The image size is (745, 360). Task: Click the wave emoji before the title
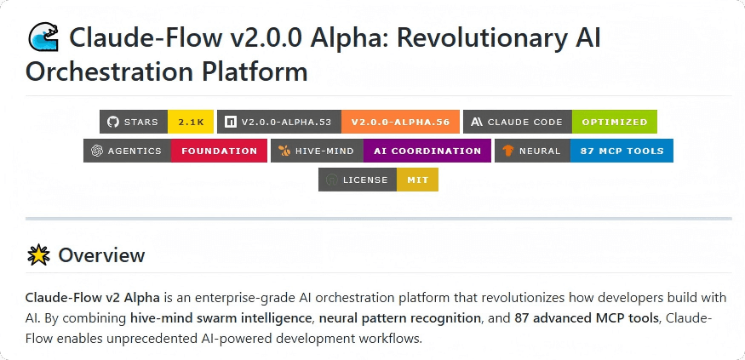tap(43, 37)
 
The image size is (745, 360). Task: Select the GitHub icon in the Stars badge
tap(112, 122)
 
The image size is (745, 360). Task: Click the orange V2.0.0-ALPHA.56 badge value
tap(400, 122)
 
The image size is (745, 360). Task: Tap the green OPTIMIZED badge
tap(614, 122)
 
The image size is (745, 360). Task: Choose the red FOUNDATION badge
tap(219, 151)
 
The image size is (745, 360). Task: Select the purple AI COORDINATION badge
tap(427, 151)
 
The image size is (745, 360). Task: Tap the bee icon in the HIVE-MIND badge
tap(284, 151)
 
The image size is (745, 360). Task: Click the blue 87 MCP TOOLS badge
tap(622, 151)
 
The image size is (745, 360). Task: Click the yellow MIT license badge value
tap(417, 180)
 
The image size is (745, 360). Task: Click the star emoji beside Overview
tap(38, 255)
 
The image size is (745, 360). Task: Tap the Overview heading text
tap(101, 255)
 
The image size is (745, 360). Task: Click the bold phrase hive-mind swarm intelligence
tap(221, 318)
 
